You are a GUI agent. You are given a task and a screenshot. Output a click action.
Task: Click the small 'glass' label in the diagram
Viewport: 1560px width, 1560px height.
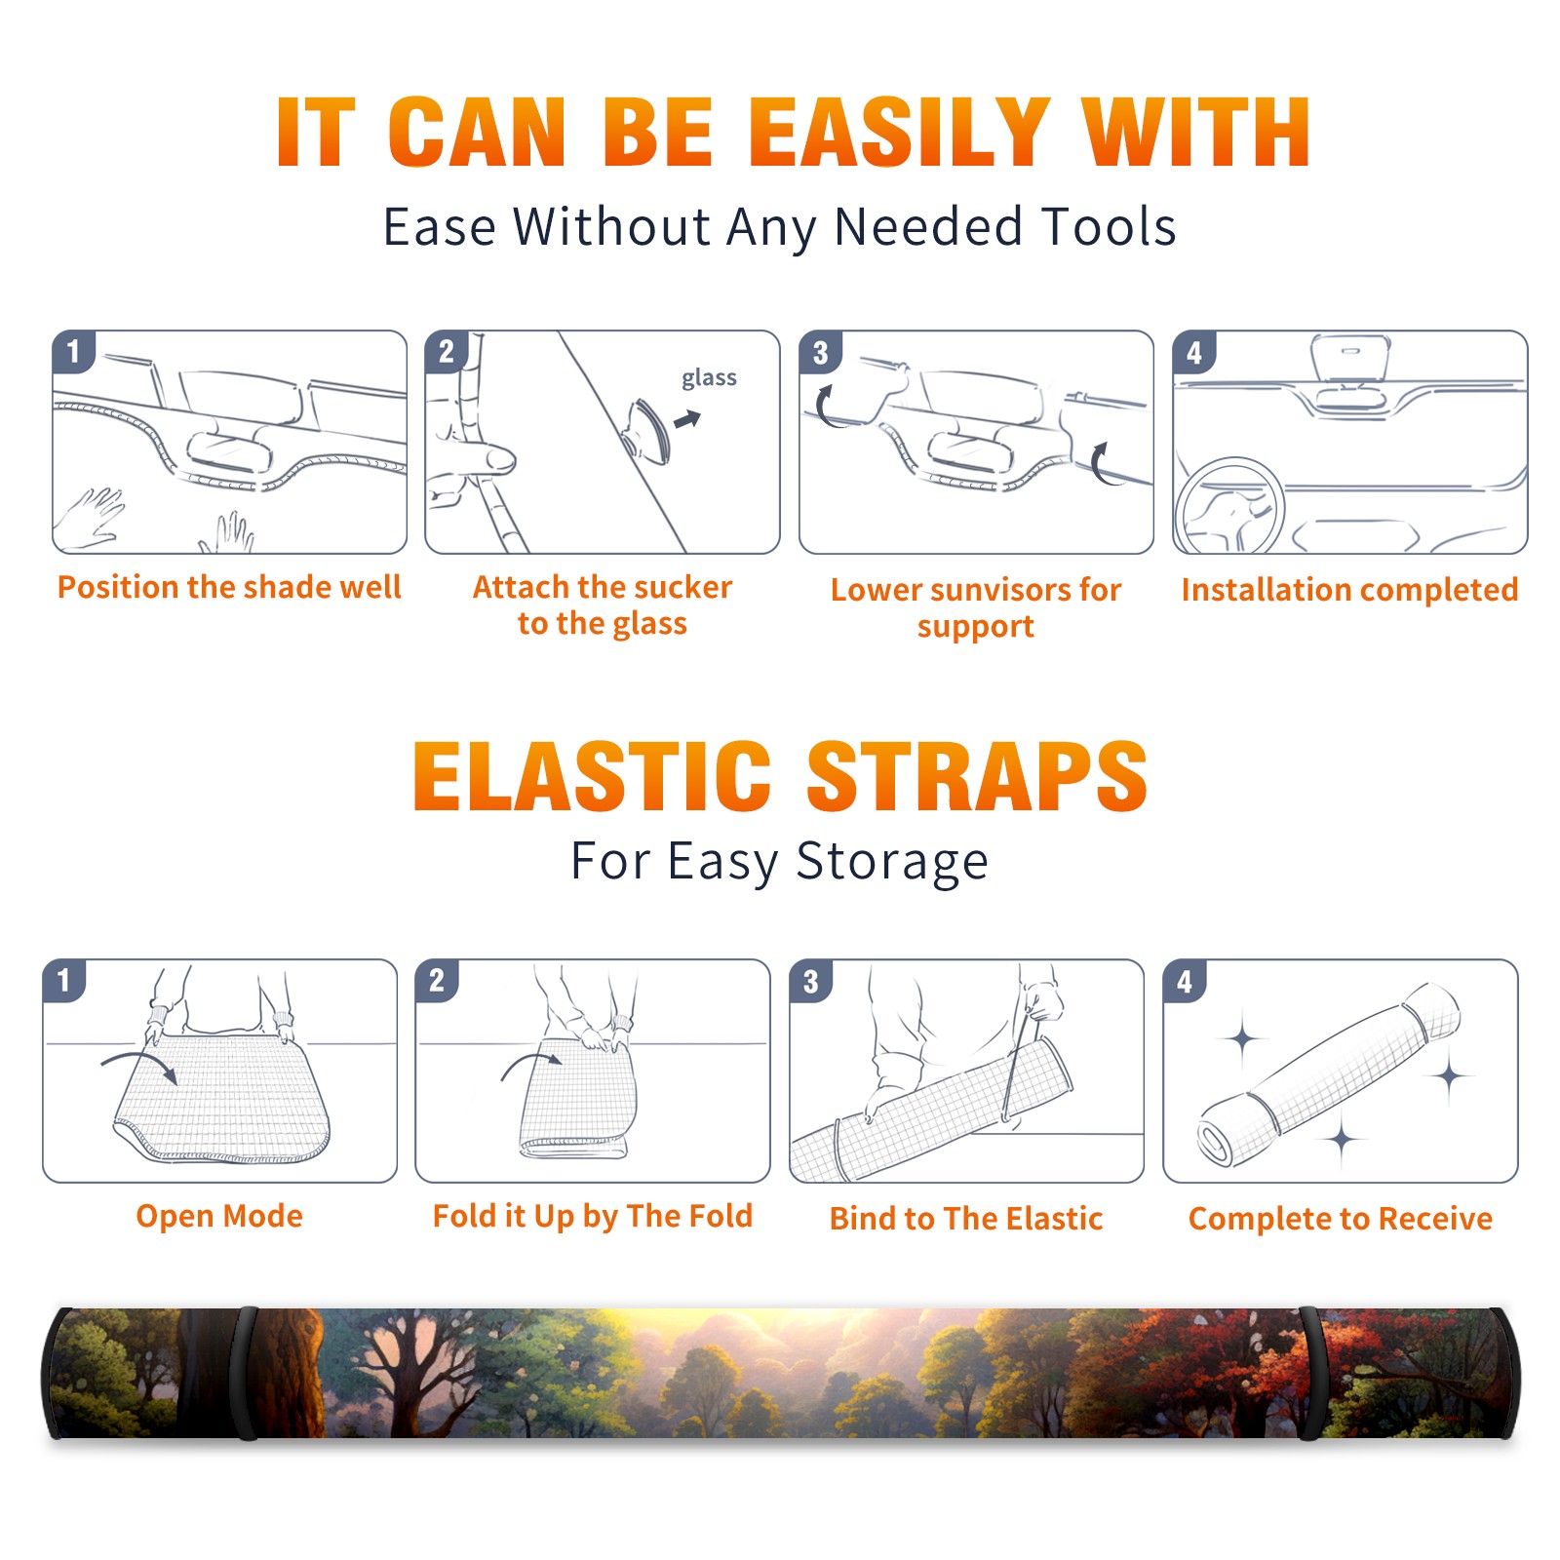(x=709, y=378)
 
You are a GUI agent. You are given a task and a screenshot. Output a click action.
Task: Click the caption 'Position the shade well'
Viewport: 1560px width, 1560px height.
(x=229, y=587)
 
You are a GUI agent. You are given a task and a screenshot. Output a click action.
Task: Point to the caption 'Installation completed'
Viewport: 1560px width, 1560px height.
(x=1349, y=589)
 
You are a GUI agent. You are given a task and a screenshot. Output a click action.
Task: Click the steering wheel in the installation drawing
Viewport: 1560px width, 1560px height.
(x=1229, y=506)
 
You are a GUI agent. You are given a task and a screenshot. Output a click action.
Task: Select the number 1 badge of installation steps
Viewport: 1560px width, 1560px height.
(x=74, y=351)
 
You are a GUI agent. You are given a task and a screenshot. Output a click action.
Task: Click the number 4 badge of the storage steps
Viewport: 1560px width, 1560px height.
(x=1185, y=981)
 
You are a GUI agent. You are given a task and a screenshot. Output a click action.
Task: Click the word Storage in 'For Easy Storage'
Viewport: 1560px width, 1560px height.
(x=892, y=861)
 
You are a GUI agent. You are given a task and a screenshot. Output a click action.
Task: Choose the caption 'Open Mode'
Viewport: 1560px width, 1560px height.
(x=219, y=1216)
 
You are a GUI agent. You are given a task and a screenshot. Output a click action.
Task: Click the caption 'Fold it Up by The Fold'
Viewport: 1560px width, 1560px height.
(x=593, y=1216)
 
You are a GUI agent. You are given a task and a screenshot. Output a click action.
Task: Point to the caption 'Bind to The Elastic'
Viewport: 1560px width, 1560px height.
(x=966, y=1219)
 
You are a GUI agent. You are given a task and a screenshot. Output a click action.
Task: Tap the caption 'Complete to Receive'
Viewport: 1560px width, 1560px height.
(x=1341, y=1219)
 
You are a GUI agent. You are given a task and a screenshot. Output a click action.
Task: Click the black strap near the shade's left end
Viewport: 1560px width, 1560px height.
(x=246, y=1373)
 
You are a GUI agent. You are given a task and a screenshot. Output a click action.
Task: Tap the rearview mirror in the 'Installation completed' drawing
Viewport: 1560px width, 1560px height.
(x=1350, y=360)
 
